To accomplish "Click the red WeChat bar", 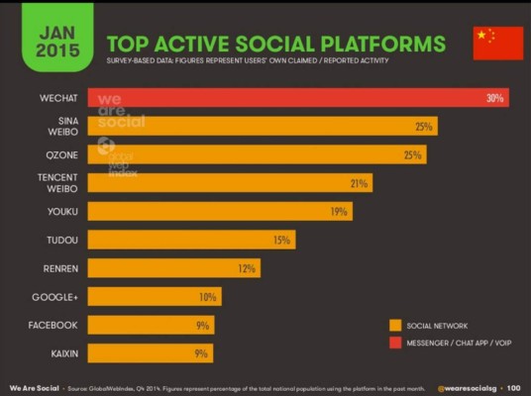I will tap(297, 98).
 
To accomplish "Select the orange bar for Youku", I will tap(219, 211).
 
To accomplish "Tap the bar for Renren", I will tap(173, 268).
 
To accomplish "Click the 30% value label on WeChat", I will tap(494, 98).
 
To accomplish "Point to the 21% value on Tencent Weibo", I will tap(359, 183).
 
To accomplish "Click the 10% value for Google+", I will tap(207, 297).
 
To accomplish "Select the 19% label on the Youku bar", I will tap(339, 212).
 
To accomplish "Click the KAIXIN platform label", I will tap(55, 353).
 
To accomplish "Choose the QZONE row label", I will tap(56, 154).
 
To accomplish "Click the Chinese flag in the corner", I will tap(497, 43).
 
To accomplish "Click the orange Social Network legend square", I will tap(395, 324).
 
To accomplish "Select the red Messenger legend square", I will tap(395, 343).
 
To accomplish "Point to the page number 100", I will tap(513, 387).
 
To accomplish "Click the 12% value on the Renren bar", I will tap(247, 268).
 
